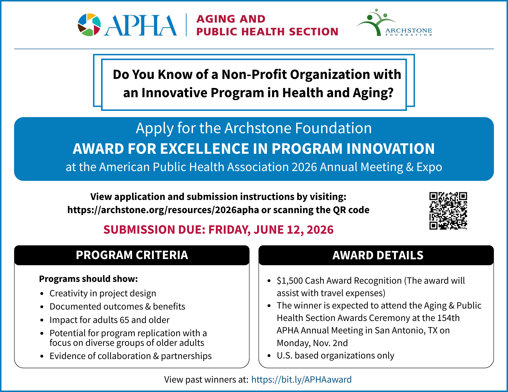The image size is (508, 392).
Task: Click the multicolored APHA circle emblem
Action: pyautogui.click(x=89, y=25)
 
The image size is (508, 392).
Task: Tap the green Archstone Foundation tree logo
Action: pyautogui.click(x=376, y=22)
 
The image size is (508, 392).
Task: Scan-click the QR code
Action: pyautogui.click(x=448, y=211)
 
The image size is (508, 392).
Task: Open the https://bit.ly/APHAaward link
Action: pyautogui.click(x=301, y=379)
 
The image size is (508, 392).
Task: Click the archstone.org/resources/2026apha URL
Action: pyautogui.click(x=163, y=210)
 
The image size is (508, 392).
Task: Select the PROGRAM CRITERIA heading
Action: pyautogui.click(x=132, y=255)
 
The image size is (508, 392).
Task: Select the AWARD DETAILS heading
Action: pyautogui.click(x=378, y=255)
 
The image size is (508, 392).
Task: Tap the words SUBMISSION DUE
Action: pyautogui.click(x=154, y=230)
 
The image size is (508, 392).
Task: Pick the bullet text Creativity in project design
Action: pyautogui.click(x=103, y=293)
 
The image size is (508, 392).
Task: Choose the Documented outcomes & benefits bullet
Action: pyautogui.click(x=117, y=306)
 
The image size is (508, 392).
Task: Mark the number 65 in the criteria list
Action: pyautogui.click(x=124, y=320)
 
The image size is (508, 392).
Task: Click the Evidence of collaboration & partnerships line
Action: pyautogui.click(x=131, y=356)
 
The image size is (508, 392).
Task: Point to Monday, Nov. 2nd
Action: pyautogui.click(x=312, y=343)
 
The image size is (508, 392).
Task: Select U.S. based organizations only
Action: pyautogui.click(x=336, y=355)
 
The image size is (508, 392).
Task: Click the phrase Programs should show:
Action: pyautogui.click(x=88, y=279)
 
